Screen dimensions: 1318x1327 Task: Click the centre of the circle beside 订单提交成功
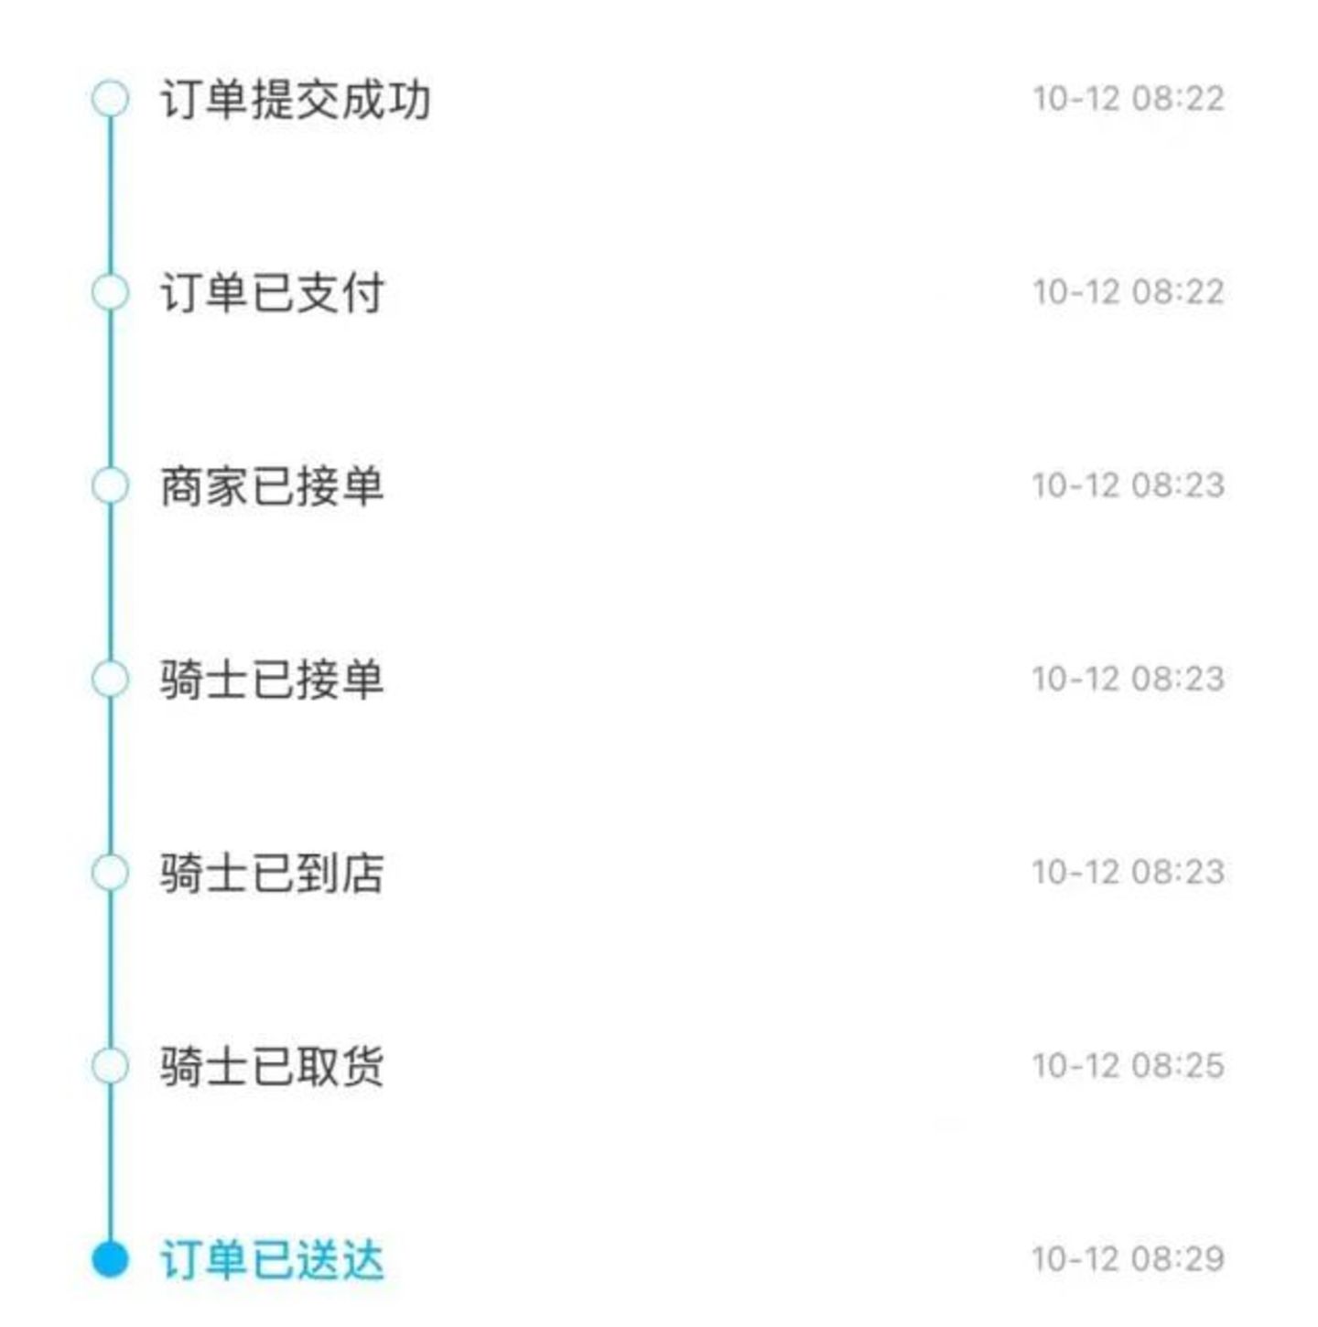tap(110, 98)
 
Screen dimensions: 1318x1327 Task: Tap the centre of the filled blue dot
tap(110, 1259)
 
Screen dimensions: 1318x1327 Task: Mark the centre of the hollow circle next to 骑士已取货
tap(110, 1066)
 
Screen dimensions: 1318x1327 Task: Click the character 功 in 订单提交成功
tap(409, 100)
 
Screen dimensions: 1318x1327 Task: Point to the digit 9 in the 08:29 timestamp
tap(1214, 1259)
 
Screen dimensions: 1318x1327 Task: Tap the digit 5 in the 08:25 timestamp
tap(1214, 1067)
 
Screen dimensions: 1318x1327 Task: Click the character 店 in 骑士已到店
tap(362, 873)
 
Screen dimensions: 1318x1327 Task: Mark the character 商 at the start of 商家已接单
tap(182, 486)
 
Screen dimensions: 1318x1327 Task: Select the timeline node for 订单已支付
tap(110, 292)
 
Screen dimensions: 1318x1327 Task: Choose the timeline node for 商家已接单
tap(110, 485)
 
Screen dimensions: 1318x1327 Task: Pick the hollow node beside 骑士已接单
tap(110, 679)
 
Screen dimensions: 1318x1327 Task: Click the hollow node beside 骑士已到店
tap(110, 873)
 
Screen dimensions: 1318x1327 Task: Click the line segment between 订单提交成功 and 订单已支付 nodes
tap(110, 195)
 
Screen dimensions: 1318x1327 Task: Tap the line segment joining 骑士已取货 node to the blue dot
tap(110, 1162)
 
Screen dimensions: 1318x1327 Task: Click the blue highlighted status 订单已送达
tap(272, 1260)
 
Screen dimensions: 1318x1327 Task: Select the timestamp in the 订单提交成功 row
tap(1129, 99)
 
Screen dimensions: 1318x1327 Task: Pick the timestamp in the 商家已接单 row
tap(1129, 485)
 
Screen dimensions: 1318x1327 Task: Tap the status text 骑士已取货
tap(272, 1067)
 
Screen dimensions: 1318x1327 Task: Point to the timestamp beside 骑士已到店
tap(1129, 873)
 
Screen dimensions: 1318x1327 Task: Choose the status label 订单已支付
tap(272, 293)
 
